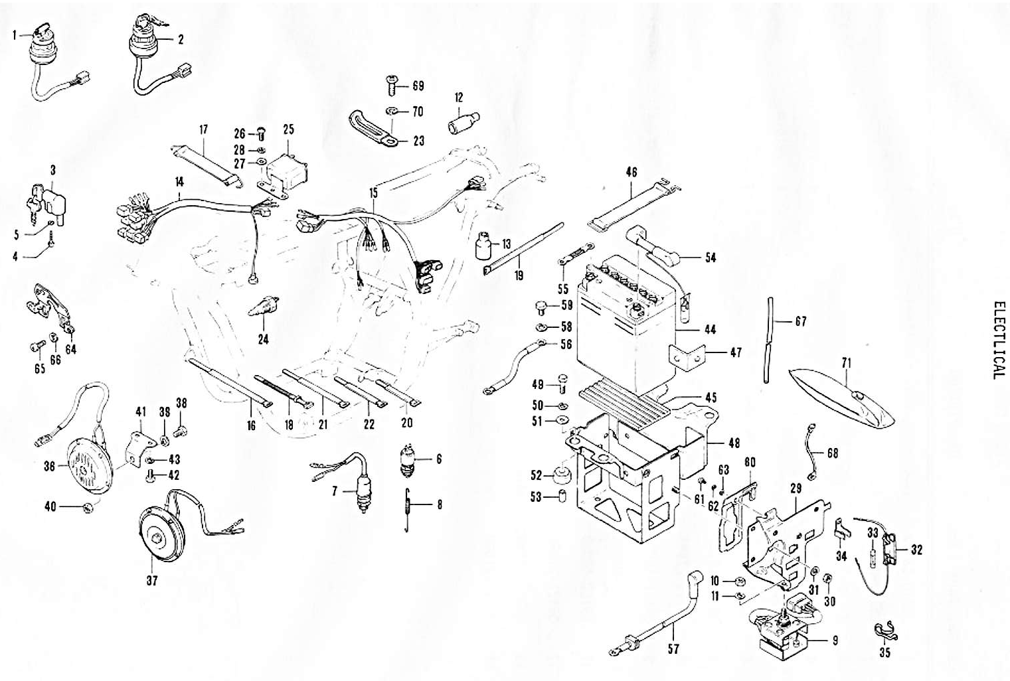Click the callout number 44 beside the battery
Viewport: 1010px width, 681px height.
coord(710,329)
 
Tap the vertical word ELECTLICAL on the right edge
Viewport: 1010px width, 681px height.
coord(998,340)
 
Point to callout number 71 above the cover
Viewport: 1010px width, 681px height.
coord(846,362)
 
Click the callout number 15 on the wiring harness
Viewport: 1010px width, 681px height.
coord(374,192)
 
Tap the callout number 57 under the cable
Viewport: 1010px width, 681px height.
coord(673,648)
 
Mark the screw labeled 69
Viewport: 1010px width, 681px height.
coord(390,84)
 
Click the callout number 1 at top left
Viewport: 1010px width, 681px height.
coord(15,35)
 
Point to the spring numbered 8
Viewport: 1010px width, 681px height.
coord(408,508)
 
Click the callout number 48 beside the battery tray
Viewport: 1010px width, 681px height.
coord(734,443)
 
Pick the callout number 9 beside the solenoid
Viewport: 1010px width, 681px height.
coord(835,641)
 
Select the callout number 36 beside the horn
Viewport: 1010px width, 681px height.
coord(49,467)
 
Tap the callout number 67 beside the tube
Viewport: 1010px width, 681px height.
coord(800,321)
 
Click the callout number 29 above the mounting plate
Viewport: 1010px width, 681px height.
coord(796,488)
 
